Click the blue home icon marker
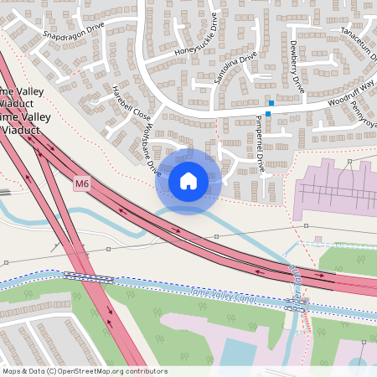click(x=188, y=180)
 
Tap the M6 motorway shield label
click(x=81, y=183)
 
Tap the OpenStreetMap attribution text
click(x=85, y=371)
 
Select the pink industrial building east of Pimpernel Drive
click(x=331, y=188)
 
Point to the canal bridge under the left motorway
click(x=88, y=278)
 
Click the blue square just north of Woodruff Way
click(x=271, y=102)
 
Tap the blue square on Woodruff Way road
click(x=268, y=114)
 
